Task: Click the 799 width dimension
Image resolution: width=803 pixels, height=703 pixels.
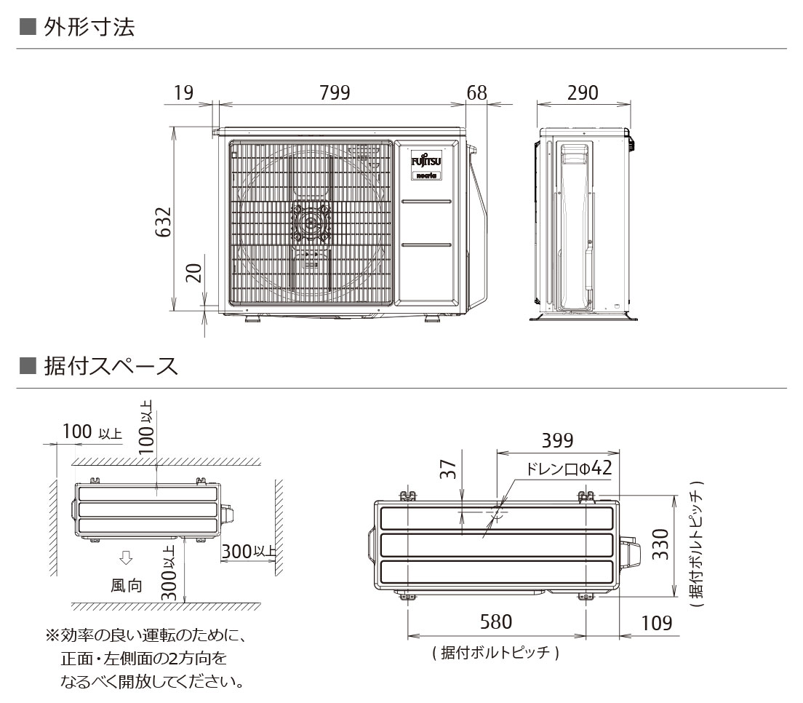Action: [x=335, y=93]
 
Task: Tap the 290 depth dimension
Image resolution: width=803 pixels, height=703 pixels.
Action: [x=582, y=93]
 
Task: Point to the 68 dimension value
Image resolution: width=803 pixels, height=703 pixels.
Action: [x=477, y=93]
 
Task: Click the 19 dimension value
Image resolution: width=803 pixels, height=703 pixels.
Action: [x=183, y=93]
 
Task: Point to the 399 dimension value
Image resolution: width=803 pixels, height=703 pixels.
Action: [x=557, y=441]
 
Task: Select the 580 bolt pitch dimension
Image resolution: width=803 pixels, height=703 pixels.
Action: [x=496, y=622]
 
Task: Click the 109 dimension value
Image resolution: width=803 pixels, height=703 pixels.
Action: [x=655, y=623]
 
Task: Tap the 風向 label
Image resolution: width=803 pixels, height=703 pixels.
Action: [x=127, y=586]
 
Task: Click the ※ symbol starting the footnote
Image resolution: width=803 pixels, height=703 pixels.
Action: [x=52, y=636]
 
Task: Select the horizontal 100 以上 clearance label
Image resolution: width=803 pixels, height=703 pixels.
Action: [x=92, y=432]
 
